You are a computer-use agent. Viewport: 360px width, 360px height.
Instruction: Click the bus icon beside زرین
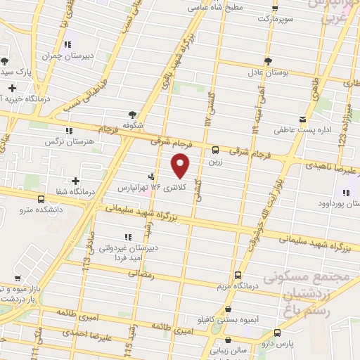[215, 149]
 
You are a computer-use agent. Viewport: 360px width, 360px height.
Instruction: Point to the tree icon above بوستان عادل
[267, 61]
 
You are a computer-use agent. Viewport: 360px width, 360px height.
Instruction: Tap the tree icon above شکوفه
[132, 114]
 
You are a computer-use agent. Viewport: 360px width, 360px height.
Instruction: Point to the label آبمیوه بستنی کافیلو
[228, 319]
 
